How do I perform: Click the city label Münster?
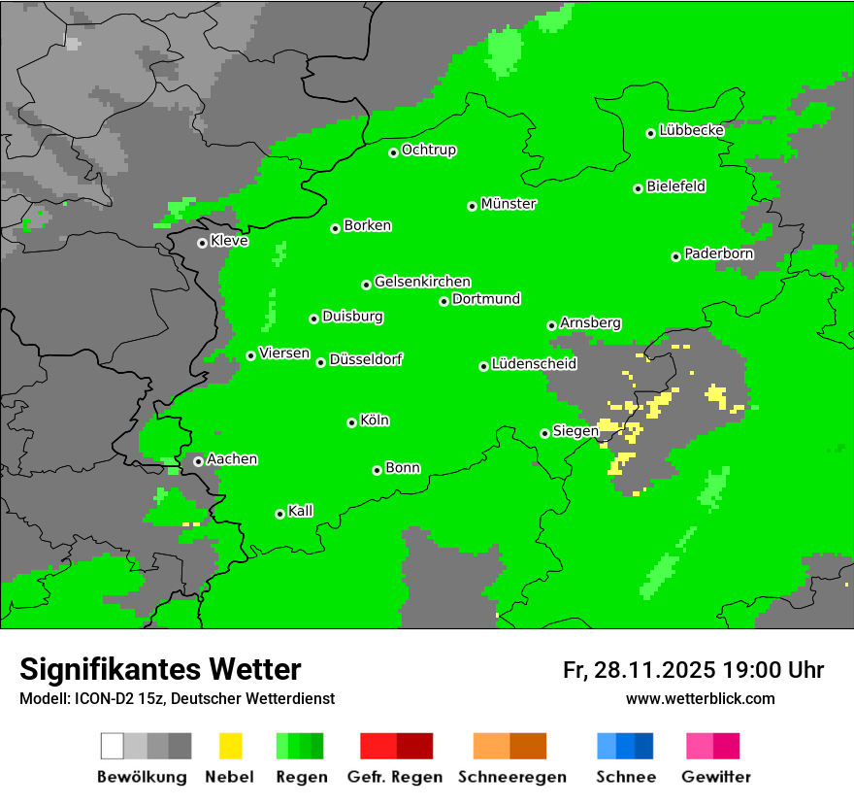tap(509, 204)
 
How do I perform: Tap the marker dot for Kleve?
tap(202, 243)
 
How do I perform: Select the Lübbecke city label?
tap(692, 130)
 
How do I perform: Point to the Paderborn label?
tap(719, 253)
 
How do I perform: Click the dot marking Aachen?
tap(198, 461)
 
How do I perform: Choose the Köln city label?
tap(375, 420)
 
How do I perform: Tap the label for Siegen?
tap(575, 431)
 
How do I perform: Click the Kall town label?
tap(301, 511)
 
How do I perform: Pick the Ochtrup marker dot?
tap(393, 152)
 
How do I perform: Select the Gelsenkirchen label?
tap(422, 282)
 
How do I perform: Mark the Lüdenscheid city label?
tap(534, 364)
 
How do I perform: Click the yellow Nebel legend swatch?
tap(230, 746)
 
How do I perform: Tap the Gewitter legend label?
tap(716, 777)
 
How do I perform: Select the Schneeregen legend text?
tap(511, 777)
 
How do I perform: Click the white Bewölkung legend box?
tap(113, 746)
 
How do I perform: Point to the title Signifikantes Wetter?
tap(160, 669)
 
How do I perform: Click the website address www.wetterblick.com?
tap(701, 699)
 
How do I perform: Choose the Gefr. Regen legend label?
tap(395, 777)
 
